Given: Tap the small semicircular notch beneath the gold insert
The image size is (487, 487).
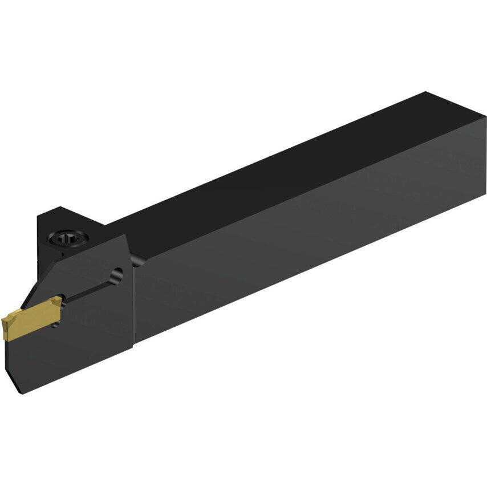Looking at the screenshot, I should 55,325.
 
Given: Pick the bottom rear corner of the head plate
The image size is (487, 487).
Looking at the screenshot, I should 133,345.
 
